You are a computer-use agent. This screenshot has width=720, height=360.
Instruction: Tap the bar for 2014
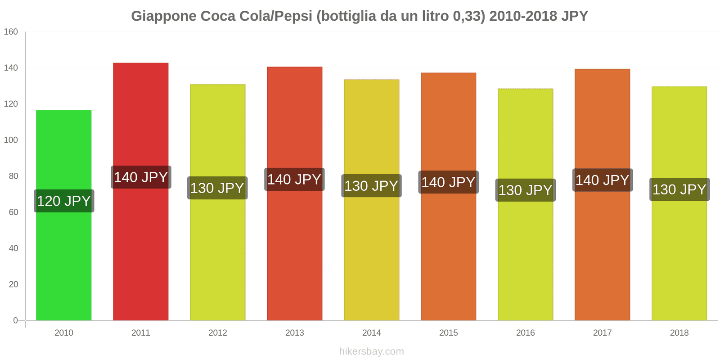(372, 252)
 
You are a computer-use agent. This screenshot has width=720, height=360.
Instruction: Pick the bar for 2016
(526, 256)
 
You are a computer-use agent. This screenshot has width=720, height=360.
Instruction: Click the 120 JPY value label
(64, 201)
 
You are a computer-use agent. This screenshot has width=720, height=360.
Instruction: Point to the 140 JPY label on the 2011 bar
(141, 177)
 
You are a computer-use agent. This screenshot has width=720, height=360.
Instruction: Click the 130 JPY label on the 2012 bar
(217, 188)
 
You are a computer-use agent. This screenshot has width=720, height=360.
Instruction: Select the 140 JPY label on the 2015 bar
(448, 182)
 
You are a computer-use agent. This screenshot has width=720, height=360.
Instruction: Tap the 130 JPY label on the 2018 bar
(679, 189)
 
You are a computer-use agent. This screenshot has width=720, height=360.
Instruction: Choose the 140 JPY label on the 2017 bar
(603, 180)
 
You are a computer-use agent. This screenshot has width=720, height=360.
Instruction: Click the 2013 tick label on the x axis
(295, 333)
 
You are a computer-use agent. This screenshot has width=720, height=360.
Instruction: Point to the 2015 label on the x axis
(449, 333)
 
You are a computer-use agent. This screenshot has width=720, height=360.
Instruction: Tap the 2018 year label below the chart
(679, 333)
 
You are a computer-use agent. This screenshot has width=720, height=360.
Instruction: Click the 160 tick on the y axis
(11, 32)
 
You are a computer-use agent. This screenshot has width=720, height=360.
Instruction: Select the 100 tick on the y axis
(11, 140)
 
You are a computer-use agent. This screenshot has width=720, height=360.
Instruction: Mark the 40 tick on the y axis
(13, 248)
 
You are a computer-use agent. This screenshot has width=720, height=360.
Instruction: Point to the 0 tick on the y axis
(15, 320)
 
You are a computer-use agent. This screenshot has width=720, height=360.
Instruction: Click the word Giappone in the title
(164, 17)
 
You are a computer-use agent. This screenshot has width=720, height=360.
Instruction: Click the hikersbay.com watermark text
(372, 351)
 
